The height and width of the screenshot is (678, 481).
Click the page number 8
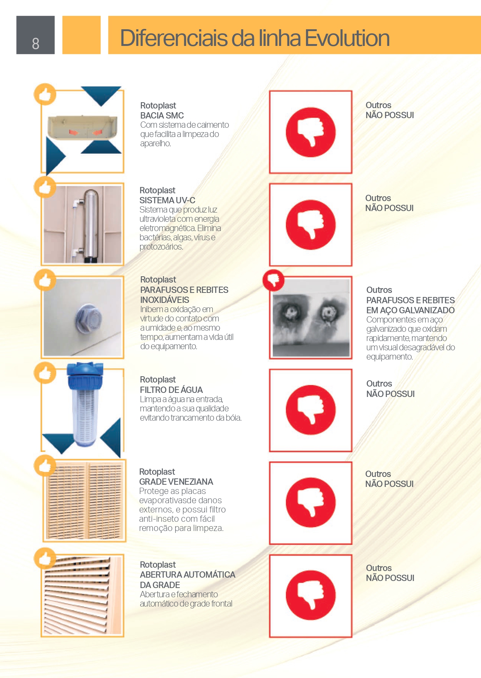click(36, 44)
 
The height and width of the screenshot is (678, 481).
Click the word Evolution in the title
click(347, 38)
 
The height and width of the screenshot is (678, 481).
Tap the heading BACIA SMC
click(162, 116)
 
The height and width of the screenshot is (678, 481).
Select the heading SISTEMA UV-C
click(167, 200)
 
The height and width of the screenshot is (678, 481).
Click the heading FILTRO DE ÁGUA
click(171, 390)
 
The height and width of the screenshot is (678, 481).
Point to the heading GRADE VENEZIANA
click(176, 482)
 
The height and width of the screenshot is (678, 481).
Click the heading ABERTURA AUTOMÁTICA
click(188, 575)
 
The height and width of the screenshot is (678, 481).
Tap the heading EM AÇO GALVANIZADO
click(411, 310)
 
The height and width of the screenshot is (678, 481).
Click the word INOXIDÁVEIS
click(165, 300)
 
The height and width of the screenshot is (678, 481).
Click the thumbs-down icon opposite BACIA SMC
click(311, 132)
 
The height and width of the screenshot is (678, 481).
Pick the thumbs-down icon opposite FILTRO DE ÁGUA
click(311, 410)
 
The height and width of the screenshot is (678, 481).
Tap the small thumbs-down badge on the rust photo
click(273, 280)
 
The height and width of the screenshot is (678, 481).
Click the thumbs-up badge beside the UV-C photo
click(45, 187)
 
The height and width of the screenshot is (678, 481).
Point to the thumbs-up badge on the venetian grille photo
click(45, 466)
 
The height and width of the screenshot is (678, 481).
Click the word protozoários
click(161, 247)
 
